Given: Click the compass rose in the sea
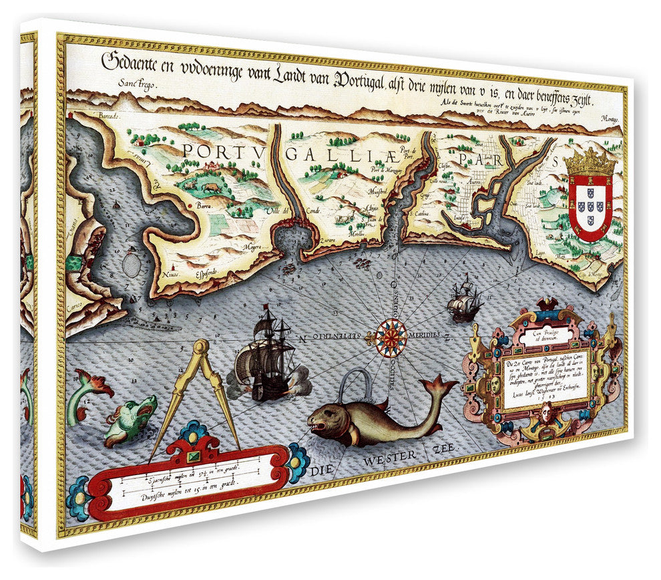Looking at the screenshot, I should [391, 337].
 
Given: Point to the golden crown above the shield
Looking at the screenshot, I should [591, 162].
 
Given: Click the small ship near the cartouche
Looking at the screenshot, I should [463, 301].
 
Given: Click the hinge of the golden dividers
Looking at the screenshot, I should [200, 348].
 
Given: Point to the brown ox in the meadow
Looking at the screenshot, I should [210, 188].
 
